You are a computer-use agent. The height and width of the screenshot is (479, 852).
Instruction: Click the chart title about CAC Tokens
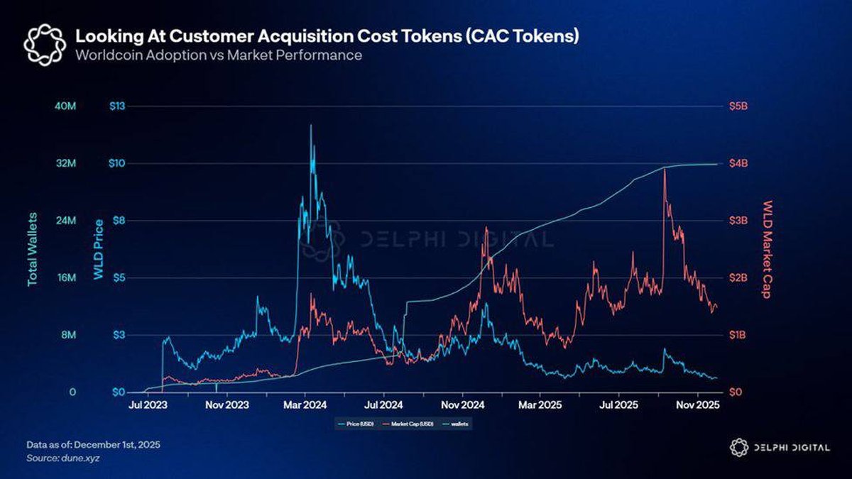pos(327,35)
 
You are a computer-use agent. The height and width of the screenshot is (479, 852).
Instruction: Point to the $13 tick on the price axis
pos(116,106)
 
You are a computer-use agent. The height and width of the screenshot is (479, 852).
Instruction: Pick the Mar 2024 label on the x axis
pos(305,405)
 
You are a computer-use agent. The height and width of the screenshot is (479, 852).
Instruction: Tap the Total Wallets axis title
pos(33,249)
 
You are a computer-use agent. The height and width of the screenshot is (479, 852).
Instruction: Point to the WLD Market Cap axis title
pos(768,249)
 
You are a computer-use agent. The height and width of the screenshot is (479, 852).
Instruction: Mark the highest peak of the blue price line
pos(310,126)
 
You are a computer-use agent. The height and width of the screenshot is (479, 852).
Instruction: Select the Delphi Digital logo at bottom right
pos(778,447)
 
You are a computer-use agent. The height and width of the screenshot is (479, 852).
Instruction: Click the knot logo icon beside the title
pos(45,43)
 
